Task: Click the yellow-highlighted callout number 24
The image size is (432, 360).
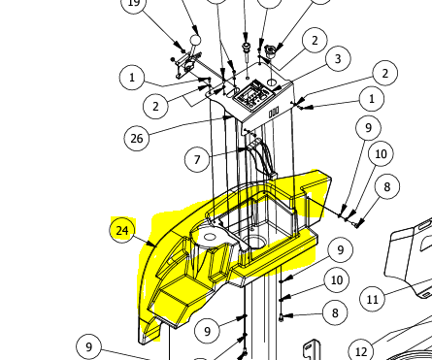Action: click(122, 230)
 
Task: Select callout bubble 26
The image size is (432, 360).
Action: click(137, 139)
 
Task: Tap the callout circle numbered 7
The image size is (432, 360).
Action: click(197, 159)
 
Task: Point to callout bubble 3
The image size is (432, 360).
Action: click(338, 59)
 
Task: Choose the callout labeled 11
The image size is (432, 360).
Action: click(373, 299)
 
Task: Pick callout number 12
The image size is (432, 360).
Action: click(361, 351)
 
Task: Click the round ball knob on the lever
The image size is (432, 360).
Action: click(195, 40)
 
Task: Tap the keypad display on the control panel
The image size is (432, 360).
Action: click(254, 95)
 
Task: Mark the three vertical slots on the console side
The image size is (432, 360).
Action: click(274, 113)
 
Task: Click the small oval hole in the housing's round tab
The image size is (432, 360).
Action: click(210, 238)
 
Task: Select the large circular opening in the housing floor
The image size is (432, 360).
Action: click(255, 242)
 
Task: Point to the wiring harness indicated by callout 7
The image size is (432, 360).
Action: click(261, 158)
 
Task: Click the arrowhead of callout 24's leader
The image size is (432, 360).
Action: click(153, 245)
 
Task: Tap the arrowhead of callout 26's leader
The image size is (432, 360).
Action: click(228, 117)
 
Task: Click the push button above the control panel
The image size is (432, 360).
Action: click(247, 48)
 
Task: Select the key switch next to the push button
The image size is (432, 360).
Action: click(270, 50)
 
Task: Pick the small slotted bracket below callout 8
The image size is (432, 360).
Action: click(311, 350)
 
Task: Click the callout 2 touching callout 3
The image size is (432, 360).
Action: click(315, 41)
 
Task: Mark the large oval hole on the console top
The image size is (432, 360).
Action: click(272, 82)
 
